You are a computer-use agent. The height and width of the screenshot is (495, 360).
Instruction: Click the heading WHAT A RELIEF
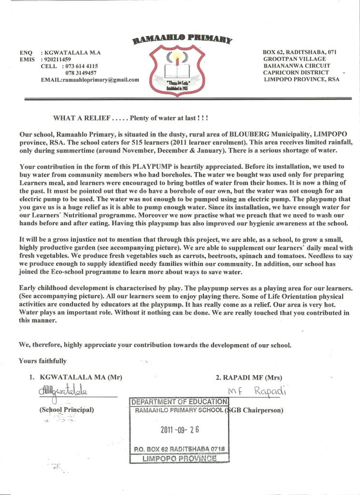(x=82, y=118)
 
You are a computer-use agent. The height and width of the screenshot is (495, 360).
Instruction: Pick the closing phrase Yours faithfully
(x=43, y=361)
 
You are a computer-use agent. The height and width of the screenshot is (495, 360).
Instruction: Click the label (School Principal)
(x=66, y=410)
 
